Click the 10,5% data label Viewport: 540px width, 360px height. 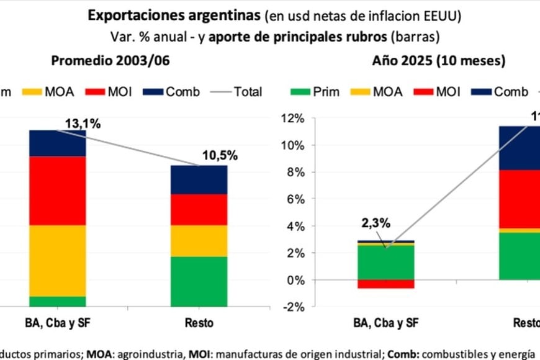tap(219, 156)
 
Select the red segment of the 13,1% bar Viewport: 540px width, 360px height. tap(58, 190)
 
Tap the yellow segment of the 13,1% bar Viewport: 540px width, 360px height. tap(58, 260)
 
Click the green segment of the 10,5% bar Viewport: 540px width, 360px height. tap(199, 281)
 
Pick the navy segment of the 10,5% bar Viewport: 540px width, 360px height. tap(199, 179)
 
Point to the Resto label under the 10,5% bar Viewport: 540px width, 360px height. tap(199, 323)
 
